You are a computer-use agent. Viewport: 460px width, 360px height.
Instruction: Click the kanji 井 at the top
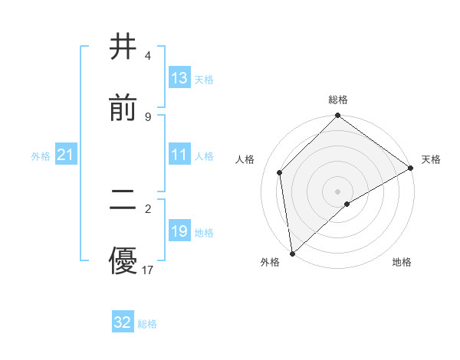tap(123, 47)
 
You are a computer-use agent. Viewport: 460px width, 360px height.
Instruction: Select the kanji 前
tap(123, 108)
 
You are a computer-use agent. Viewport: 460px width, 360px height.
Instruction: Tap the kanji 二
tap(123, 201)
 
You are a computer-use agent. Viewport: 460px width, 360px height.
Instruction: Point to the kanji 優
tap(123, 261)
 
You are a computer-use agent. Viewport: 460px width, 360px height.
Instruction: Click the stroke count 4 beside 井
tap(147, 56)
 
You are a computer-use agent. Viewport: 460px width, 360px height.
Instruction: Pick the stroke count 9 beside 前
tap(147, 116)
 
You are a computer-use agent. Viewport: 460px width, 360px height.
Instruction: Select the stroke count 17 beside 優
tap(148, 270)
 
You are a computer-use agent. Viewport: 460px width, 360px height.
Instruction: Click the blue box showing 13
tap(179, 78)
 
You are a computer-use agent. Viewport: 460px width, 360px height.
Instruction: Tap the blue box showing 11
tap(179, 155)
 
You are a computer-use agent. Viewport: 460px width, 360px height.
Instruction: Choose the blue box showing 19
tap(179, 231)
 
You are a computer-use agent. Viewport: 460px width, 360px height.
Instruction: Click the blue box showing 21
tap(66, 155)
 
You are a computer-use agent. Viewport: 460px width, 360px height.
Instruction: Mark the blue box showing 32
tap(123, 322)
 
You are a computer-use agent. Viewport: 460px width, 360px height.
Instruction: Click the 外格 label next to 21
tap(41, 156)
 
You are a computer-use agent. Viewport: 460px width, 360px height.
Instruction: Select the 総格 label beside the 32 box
tap(148, 324)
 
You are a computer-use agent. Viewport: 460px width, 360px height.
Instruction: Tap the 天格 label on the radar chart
tap(431, 159)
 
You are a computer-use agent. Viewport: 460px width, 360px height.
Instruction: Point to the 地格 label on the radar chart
tap(402, 263)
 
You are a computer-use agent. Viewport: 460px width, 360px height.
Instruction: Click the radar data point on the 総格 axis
tap(338, 116)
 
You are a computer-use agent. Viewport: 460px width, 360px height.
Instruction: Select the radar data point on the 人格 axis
tap(280, 172)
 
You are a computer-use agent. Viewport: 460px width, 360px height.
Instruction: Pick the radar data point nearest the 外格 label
tap(292, 254)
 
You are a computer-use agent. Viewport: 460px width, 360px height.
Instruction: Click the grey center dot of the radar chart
tap(338, 191)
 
